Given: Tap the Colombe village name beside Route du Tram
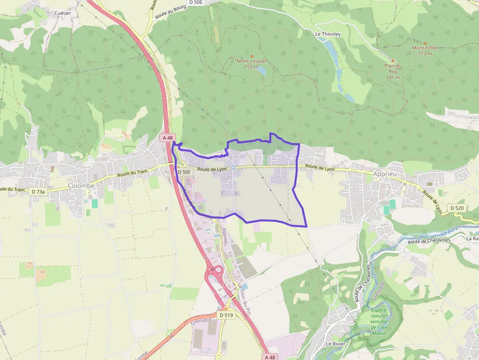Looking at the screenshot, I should tap(81, 186).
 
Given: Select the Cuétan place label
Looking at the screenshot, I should tap(62, 13).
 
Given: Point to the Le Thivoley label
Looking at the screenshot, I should tap(327, 34).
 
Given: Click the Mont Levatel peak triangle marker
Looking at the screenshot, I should tap(252, 56).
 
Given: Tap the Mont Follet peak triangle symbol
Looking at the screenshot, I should tap(425, 42).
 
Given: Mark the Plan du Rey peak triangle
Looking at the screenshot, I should tap(392, 60).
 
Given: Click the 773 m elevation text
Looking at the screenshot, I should tap(425, 53).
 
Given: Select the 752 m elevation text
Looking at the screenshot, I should tap(251, 67).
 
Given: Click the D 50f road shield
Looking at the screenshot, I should tap(184, 172).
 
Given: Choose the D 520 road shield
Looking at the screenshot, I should tap(457, 208).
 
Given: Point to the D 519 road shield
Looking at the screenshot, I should tap(227, 315).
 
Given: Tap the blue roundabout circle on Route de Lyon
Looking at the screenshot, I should tap(233, 168).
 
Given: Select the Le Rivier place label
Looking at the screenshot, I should tap(336, 344).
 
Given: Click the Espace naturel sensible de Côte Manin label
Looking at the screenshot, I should tap(378, 321).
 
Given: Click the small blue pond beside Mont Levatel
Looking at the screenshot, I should tap(261, 70).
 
